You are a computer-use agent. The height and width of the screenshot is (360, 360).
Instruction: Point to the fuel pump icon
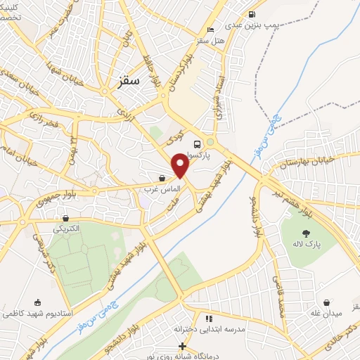pyautogui.click(x=251, y=14)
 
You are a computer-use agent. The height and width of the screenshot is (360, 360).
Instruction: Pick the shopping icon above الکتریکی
pyautogui.click(x=65, y=217)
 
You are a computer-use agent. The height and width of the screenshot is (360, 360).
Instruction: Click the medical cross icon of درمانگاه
pyautogui.click(x=182, y=346)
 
